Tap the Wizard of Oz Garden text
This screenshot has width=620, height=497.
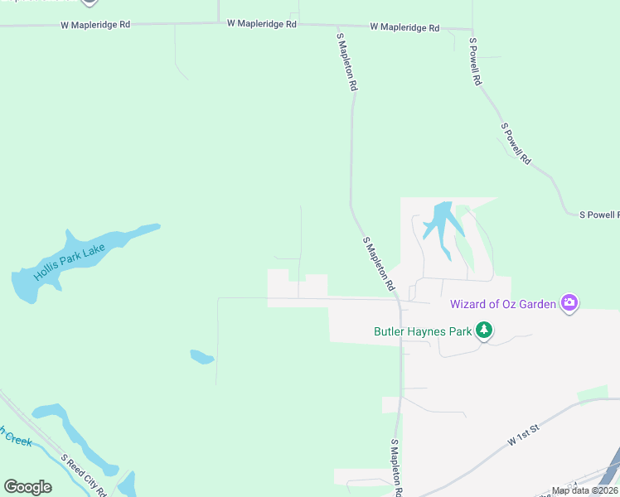[502, 304]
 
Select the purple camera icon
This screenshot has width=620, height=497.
[569, 303]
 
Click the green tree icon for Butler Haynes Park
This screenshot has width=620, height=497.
[484, 331]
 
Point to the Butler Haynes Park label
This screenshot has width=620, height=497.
[422, 332]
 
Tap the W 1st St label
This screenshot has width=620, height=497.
[524, 434]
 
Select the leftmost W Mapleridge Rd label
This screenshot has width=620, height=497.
[95, 25]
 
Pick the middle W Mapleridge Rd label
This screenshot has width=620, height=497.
[262, 24]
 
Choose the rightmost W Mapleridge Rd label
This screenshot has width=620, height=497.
[404, 27]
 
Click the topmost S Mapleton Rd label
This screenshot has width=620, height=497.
[347, 61]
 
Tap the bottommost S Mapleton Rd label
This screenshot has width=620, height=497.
[397, 469]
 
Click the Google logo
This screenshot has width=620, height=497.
[27, 487]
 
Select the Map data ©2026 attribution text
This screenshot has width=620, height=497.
[584, 490]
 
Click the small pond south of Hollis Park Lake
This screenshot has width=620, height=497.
[202, 357]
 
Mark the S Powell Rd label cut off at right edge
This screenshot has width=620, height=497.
[598, 215]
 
